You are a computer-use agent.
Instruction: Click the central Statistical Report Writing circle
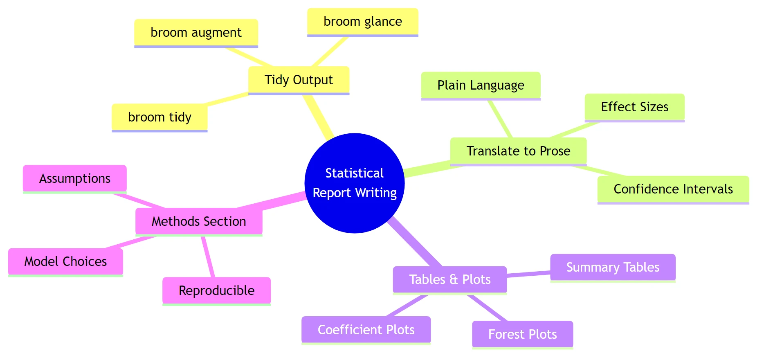click(354, 183)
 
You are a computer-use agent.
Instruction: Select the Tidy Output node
click(299, 80)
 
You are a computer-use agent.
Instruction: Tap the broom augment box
click(196, 32)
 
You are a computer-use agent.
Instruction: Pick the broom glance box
click(362, 21)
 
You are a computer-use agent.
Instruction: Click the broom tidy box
click(160, 117)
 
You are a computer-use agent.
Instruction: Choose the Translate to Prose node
click(518, 151)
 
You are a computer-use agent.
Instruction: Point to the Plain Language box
click(481, 85)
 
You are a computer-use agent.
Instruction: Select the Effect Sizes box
click(634, 107)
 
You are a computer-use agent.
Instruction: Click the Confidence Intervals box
click(673, 189)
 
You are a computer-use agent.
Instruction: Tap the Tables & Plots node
click(449, 279)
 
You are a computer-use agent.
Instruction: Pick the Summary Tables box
click(613, 267)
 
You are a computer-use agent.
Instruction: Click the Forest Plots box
click(522, 334)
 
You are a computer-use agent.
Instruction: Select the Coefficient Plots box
click(366, 330)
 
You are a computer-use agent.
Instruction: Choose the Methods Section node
click(199, 221)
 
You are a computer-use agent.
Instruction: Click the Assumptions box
click(75, 178)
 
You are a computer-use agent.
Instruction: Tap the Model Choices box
click(65, 261)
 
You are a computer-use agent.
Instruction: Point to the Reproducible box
click(216, 290)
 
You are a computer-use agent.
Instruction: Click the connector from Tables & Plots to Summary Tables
click(528, 274)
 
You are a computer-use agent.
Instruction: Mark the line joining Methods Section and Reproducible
click(208, 256)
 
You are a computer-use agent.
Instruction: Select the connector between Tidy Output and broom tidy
click(227, 99)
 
